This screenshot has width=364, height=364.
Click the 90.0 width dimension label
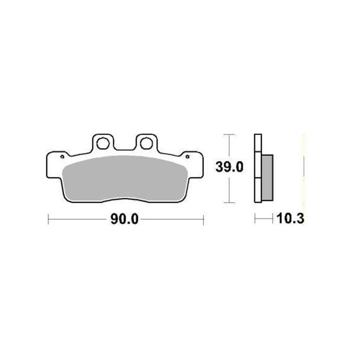pos(124,220)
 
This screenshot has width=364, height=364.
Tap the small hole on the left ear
pos(62,156)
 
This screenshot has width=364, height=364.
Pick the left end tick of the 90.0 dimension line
pos(48,220)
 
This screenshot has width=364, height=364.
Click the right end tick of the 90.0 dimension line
pos(203,220)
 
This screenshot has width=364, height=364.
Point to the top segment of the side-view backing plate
pos(257,143)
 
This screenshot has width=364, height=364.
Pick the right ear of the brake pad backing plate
pos(194,160)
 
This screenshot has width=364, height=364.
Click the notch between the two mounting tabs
pos(124,147)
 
